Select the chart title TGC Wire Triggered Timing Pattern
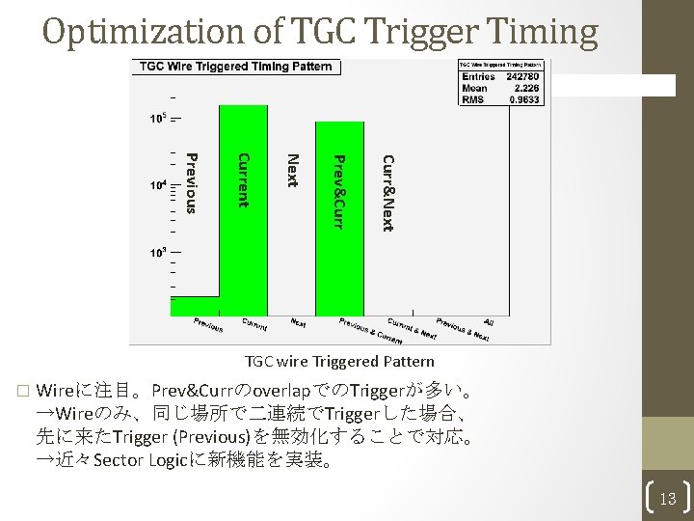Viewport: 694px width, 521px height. [236, 67]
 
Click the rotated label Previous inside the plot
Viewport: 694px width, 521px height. [191, 181]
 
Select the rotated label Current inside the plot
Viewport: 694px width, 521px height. [243, 179]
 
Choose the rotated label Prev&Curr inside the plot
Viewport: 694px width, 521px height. [336, 191]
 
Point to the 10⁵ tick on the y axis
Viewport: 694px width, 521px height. [157, 120]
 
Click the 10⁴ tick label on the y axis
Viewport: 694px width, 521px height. [157, 185]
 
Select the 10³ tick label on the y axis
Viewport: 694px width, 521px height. [157, 252]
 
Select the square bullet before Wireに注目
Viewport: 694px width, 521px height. [21, 393]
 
